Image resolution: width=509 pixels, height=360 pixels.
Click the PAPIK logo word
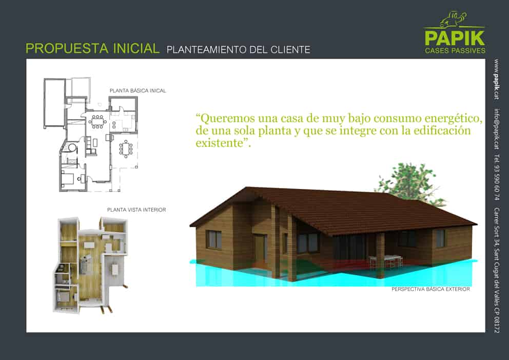pyautogui.click(x=455, y=38)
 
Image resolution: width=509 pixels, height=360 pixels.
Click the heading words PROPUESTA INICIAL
pyautogui.click(x=92, y=48)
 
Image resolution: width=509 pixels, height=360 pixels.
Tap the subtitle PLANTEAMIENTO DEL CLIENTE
pyautogui.click(x=238, y=50)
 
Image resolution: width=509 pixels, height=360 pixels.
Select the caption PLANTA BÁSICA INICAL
pyautogui.click(x=138, y=91)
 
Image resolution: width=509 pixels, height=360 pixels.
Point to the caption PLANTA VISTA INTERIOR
pyautogui.click(x=136, y=210)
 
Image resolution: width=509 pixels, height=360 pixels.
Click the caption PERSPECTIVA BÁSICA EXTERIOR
pyautogui.click(x=430, y=289)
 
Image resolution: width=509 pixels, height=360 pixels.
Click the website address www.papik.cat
pyautogui.click(x=496, y=79)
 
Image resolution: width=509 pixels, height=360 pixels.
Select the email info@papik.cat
pyautogui.click(x=496, y=129)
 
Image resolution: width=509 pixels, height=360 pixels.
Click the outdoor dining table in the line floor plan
pyautogui.click(x=126, y=149)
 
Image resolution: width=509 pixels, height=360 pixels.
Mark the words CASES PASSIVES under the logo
pyautogui.click(x=455, y=50)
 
